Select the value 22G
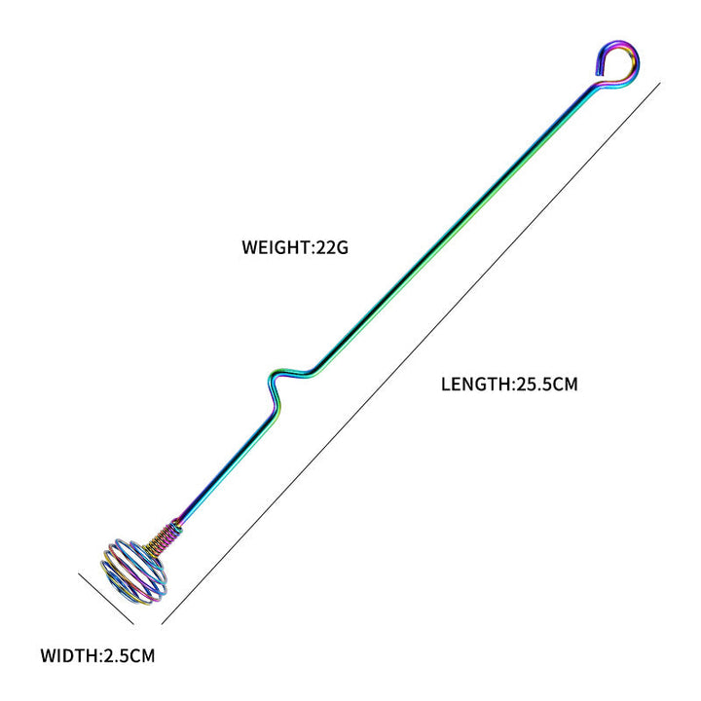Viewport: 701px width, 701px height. [x=332, y=247]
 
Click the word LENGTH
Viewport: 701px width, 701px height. [x=476, y=385]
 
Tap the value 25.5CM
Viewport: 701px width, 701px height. [x=547, y=385]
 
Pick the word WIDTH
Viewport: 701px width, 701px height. [x=69, y=656]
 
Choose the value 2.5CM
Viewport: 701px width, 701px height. [x=129, y=656]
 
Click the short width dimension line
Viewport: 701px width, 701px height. [x=106, y=598]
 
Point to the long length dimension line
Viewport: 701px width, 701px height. [x=411, y=353]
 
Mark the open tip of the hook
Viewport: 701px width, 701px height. [x=598, y=73]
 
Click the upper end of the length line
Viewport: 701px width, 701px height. [x=660, y=83]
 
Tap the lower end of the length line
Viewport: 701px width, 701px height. [x=162, y=624]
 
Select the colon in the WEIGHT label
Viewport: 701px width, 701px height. [x=314, y=248]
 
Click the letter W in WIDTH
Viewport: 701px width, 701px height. [x=49, y=656]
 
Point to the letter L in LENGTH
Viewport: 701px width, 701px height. [x=446, y=385]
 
